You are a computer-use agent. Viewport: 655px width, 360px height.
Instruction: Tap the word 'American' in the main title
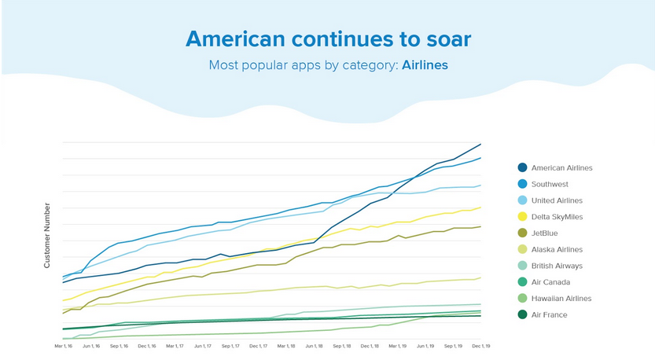[x=234, y=39]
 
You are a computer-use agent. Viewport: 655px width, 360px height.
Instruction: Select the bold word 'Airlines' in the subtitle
[x=425, y=65]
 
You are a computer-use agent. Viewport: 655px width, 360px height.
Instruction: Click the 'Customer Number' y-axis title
[x=47, y=235]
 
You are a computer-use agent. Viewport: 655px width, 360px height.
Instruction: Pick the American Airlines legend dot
[x=522, y=167]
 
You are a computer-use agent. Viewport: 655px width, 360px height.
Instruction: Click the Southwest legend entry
[x=550, y=184]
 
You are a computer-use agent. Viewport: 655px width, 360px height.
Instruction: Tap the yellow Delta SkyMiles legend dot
[x=522, y=217]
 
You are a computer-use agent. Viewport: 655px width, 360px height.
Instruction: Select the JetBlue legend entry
[x=546, y=233]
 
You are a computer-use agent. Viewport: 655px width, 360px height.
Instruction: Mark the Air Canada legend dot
[x=522, y=282]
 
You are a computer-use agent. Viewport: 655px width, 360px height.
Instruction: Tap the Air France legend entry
[x=549, y=315]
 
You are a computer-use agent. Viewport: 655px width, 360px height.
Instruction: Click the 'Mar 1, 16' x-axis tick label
[x=64, y=346]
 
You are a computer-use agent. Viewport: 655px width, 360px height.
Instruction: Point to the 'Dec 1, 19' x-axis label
[x=480, y=346]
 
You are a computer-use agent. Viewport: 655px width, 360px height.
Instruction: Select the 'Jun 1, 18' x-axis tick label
[x=315, y=346]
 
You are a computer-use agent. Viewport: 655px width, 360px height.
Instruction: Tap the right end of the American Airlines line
[x=480, y=144]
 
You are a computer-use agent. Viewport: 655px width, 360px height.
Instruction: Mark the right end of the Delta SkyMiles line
[x=480, y=208]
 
